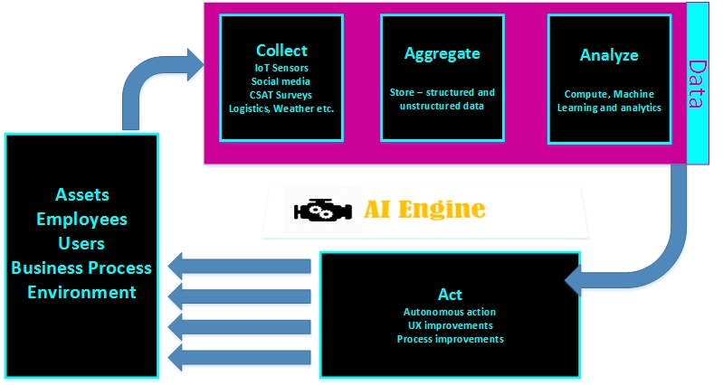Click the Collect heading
281,51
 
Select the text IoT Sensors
281,68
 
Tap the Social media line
281,81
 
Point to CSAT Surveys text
281,95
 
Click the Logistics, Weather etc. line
281,108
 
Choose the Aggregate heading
442,53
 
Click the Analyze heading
609,55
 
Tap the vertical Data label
697,84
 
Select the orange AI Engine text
424,209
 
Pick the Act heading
450,295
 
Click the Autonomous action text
450,312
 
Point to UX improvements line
450,325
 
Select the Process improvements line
450,339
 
